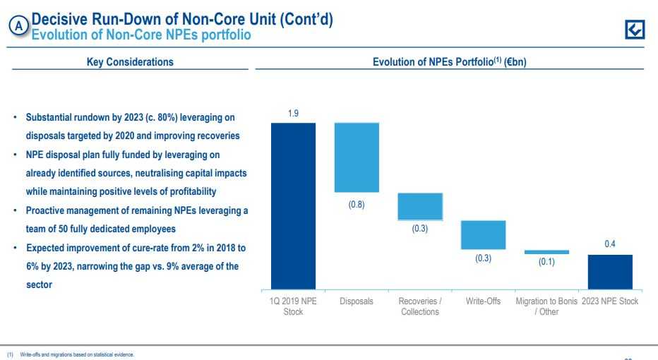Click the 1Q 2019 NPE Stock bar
tap(293, 205)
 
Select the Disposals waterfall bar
tap(357, 157)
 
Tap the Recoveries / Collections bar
tap(420, 206)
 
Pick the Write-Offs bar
tap(484, 234)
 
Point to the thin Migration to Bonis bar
tap(546, 251)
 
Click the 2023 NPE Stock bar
tap(610, 271)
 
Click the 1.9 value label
tap(293, 113)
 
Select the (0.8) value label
tap(357, 203)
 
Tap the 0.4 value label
tap(610, 244)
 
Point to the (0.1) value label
tap(546, 262)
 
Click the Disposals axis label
tap(357, 301)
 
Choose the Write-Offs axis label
tap(484, 301)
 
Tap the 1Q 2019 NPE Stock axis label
tap(293, 306)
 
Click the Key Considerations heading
tap(129, 62)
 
